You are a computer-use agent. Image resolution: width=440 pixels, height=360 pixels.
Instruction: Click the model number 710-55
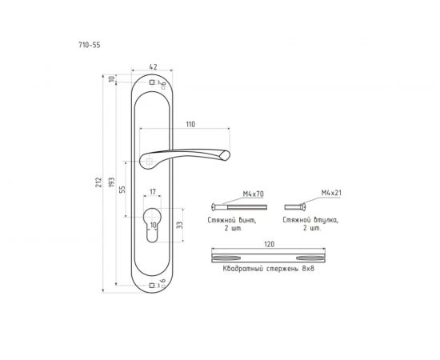coord(90,45)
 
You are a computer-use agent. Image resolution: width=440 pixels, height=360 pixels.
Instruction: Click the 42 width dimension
coord(153,66)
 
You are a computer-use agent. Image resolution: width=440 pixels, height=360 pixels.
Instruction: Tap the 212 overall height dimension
coord(98,182)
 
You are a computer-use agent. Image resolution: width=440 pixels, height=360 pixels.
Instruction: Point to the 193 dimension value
coord(112,182)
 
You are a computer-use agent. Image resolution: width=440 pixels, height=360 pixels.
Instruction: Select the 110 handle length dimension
coord(190,124)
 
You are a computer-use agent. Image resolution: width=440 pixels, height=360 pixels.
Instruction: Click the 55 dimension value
coord(122,190)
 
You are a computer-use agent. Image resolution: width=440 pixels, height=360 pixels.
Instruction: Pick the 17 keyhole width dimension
coord(153,192)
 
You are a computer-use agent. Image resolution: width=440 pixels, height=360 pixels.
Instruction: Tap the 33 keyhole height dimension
coord(179,225)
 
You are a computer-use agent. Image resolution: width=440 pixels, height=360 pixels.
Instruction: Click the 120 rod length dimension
coord(270,244)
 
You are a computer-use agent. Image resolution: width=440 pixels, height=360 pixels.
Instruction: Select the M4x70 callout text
coord(253,194)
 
